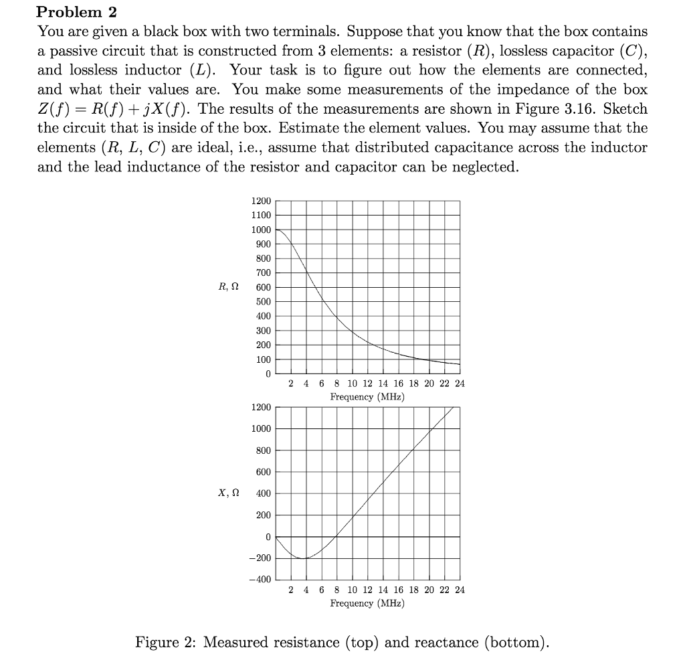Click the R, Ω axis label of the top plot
(228, 287)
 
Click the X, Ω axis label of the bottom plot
(228, 493)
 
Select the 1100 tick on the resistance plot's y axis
(261, 215)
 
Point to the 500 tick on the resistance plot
(264, 301)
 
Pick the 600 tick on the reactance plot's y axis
(264, 472)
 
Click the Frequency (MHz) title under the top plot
(367, 397)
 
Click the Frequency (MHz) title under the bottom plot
(367, 603)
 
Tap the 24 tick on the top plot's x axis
(459, 384)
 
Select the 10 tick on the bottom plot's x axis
(353, 590)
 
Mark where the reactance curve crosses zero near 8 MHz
(336, 537)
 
